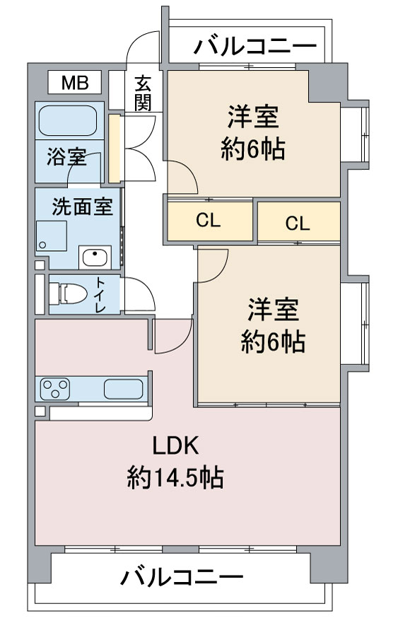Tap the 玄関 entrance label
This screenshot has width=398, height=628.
[x=143, y=93]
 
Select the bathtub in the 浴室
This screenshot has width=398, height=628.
[x=67, y=120]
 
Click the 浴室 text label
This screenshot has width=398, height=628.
[x=67, y=157]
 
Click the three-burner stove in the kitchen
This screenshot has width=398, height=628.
[x=56, y=388]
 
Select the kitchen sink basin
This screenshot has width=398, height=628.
[x=123, y=389]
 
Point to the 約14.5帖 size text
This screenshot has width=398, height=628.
[x=175, y=479]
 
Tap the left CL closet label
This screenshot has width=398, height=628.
[x=209, y=221]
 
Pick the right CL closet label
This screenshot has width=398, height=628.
[x=298, y=223]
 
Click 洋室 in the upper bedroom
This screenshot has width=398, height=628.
[x=252, y=116]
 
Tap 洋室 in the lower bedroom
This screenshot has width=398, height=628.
[x=273, y=310]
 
